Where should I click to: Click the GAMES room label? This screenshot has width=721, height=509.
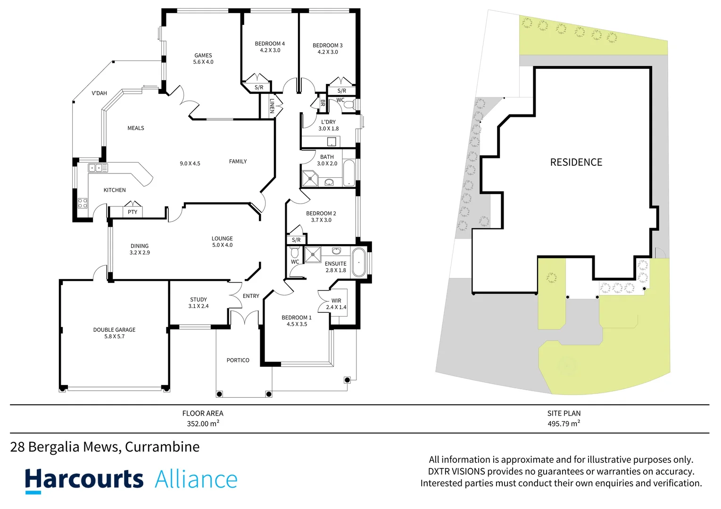click(203, 55)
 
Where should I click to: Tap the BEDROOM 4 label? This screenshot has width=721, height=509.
click(270, 43)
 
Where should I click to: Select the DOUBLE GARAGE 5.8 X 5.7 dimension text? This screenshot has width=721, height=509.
click(114, 337)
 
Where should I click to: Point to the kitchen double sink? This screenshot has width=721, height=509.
click(98, 168)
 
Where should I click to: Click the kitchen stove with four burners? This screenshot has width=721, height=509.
click(83, 203)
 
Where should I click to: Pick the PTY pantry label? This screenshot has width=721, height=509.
click(133, 212)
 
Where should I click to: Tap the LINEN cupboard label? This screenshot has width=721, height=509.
click(272, 106)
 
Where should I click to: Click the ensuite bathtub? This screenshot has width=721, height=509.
click(359, 263)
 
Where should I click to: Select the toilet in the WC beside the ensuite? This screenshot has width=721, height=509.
click(295, 252)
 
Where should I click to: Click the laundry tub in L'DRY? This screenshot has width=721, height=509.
click(331, 141)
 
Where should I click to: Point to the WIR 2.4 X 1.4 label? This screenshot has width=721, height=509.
click(336, 304)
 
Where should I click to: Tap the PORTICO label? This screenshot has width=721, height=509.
click(238, 360)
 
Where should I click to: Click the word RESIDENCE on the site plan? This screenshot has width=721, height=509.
click(576, 162)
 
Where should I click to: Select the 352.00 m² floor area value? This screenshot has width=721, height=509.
click(203, 423)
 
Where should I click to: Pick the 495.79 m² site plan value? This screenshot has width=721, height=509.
click(564, 423)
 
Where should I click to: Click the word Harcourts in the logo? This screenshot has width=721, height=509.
click(84, 479)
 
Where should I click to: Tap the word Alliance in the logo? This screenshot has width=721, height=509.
click(196, 479)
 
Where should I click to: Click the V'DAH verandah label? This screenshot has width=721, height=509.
click(99, 93)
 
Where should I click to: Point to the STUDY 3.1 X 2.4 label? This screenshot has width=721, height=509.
click(198, 303)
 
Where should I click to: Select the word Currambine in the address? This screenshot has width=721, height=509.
click(162, 447)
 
